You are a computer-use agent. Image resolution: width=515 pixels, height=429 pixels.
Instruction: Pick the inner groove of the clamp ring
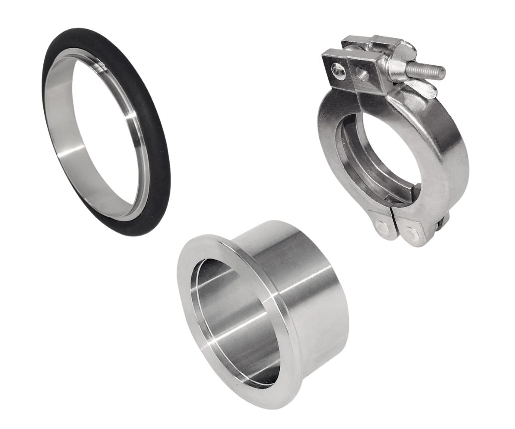click(348, 163)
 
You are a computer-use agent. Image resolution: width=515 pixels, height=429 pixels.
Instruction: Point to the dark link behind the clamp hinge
click(442, 223)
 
